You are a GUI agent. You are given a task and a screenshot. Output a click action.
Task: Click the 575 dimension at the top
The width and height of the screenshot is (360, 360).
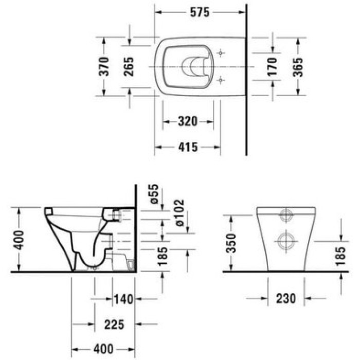click(200, 12)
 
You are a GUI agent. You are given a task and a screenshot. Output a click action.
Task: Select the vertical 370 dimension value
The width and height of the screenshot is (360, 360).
click(103, 66)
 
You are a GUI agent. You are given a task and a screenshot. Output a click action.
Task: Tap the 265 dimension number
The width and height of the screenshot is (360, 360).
click(129, 66)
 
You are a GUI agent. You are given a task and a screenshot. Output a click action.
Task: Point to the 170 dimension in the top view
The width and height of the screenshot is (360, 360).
click(273, 66)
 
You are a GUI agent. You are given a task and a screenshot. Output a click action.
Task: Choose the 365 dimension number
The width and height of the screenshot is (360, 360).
click(298, 67)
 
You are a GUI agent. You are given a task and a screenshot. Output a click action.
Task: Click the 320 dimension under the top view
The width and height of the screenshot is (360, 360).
click(188, 121)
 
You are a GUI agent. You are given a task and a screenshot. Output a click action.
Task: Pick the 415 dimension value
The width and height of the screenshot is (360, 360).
click(188, 147)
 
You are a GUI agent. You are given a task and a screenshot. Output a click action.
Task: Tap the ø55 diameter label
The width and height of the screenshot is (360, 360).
click(154, 194)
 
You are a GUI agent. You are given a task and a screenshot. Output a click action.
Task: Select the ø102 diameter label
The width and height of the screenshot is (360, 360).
click(179, 213)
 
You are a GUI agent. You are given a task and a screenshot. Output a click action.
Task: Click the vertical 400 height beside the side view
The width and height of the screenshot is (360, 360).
click(19, 240)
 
